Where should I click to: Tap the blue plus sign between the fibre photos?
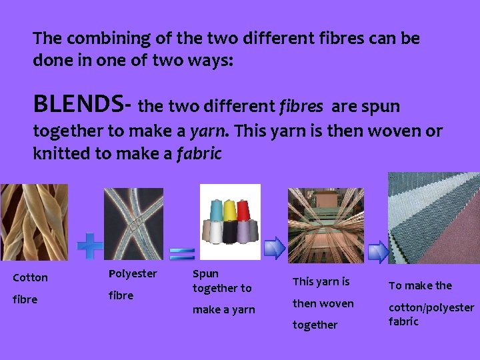[x=90, y=245]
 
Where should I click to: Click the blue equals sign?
[x=181, y=253]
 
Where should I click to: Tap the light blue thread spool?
[x=215, y=212]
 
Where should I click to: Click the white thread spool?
[x=216, y=232]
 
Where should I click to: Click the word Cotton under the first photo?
[x=31, y=277]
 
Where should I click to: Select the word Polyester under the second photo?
[x=133, y=274]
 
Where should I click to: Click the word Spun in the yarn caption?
[x=205, y=273]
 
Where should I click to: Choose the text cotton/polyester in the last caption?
[x=431, y=307]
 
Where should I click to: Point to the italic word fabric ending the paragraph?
[x=199, y=153]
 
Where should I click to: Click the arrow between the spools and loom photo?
[x=274, y=247]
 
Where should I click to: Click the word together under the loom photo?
[x=315, y=325]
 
